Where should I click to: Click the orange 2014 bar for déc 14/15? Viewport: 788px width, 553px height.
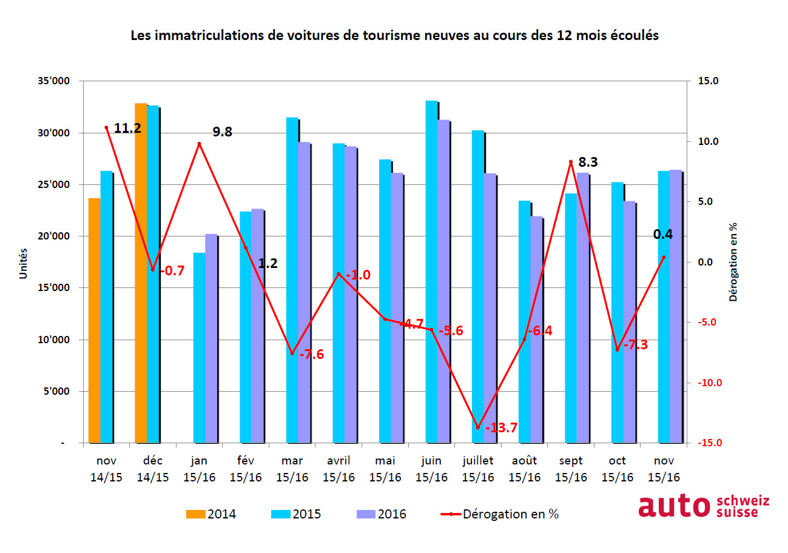coord(141,273)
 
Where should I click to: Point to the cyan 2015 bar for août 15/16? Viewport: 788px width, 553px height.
coord(524,322)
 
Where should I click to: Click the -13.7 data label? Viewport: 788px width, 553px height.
coord(502,428)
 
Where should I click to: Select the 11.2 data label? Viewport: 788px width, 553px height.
coord(128,128)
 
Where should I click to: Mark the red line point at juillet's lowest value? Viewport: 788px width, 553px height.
coord(478,427)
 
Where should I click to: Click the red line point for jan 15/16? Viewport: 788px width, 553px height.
coord(199,144)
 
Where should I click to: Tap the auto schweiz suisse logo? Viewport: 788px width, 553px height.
coord(703,506)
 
